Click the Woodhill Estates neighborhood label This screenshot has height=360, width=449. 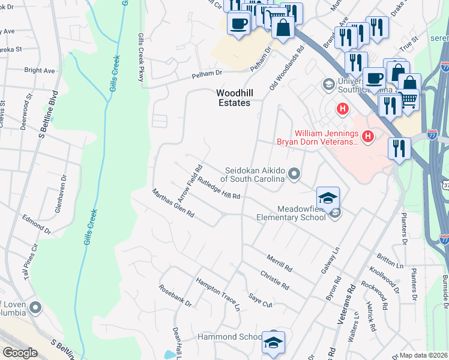(233, 98)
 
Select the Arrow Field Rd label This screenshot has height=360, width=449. (189, 182)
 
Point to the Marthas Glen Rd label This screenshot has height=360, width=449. (173, 203)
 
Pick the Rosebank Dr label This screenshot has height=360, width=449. (175, 295)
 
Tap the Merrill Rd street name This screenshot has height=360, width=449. (280, 262)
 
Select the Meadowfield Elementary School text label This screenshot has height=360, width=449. (292, 212)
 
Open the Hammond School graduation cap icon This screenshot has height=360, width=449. (273, 343)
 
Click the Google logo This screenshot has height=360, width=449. (20, 353)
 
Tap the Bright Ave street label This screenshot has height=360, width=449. (40, 70)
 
